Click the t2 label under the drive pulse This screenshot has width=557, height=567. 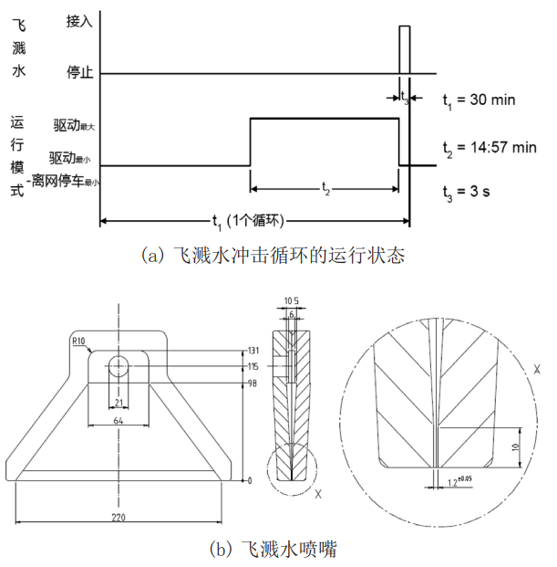pos(325,185)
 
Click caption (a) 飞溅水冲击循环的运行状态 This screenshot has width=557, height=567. pos(273,256)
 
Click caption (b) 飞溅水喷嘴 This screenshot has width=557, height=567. pos(273,549)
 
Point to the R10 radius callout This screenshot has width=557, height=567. pos(79,342)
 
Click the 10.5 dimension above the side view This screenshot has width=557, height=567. pos(292,299)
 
